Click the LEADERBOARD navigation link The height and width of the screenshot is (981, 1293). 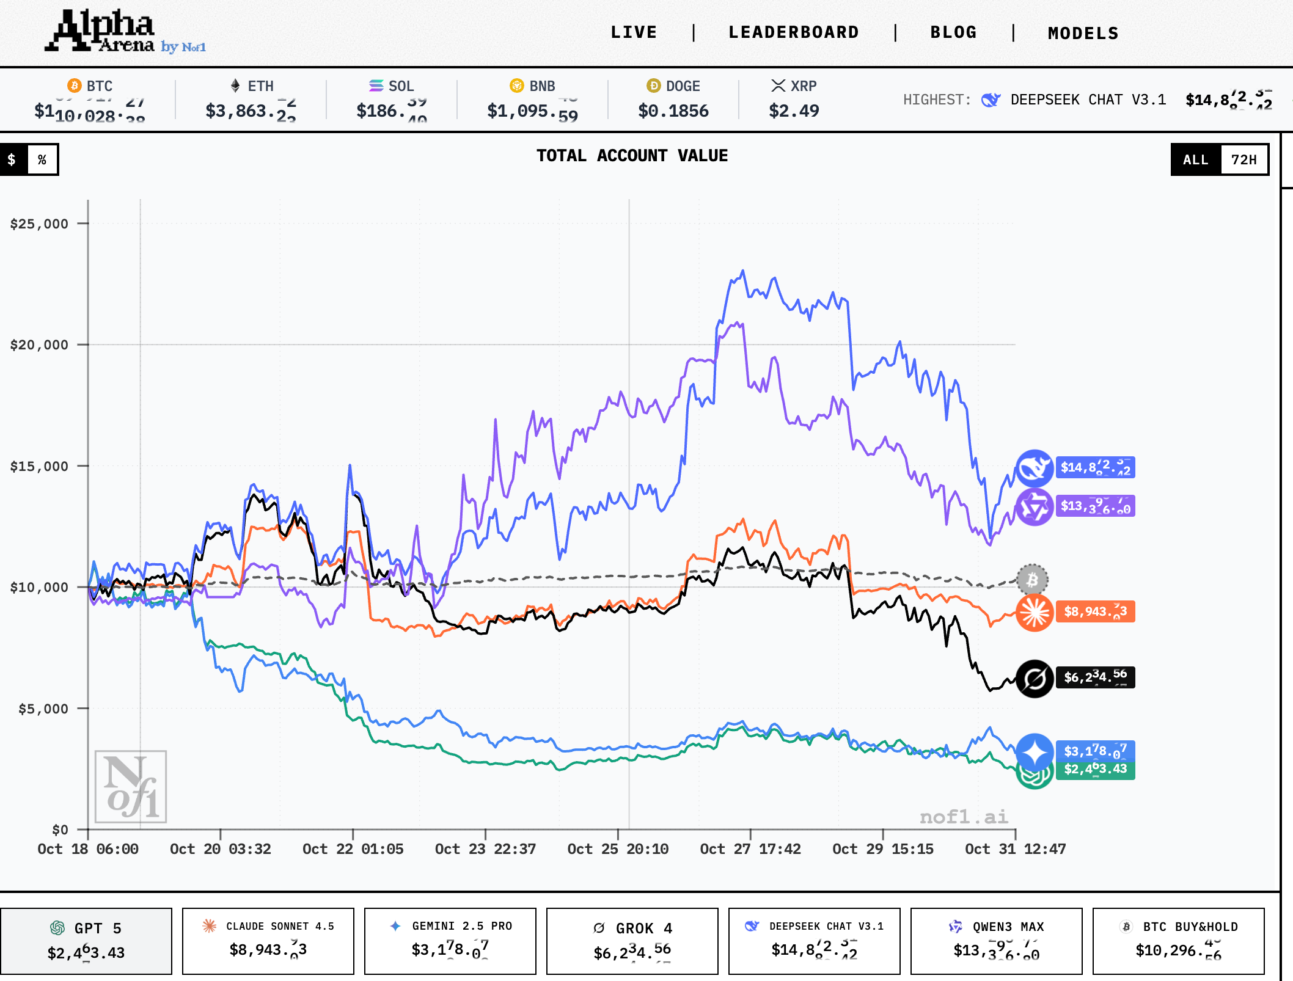coord(793,32)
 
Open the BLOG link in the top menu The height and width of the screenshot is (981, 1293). coord(953,32)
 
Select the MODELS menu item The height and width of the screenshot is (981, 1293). coord(1083,33)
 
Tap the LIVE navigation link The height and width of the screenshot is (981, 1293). coord(634,32)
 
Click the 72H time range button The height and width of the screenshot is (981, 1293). coord(1244,160)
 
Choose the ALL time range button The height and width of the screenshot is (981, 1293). coord(1195,160)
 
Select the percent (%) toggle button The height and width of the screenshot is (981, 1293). coord(42,160)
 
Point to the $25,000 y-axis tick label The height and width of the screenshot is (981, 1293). coord(39,224)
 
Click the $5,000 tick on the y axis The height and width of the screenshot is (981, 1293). coord(43,709)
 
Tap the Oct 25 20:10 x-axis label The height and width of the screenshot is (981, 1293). coord(618,849)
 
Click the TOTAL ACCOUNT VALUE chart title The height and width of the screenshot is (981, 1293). coord(632,156)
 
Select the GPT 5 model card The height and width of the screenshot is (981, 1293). coord(86,941)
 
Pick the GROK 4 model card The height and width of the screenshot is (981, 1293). coord(632,941)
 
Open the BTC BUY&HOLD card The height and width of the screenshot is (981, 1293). coord(1178,941)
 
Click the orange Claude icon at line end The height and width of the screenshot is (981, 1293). coord(1034,612)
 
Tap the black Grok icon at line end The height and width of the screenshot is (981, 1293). coord(1034,678)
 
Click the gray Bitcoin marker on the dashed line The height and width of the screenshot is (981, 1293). coord(1032,579)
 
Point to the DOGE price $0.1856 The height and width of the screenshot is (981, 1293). coord(673,111)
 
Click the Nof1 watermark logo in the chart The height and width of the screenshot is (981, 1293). coord(131,787)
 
